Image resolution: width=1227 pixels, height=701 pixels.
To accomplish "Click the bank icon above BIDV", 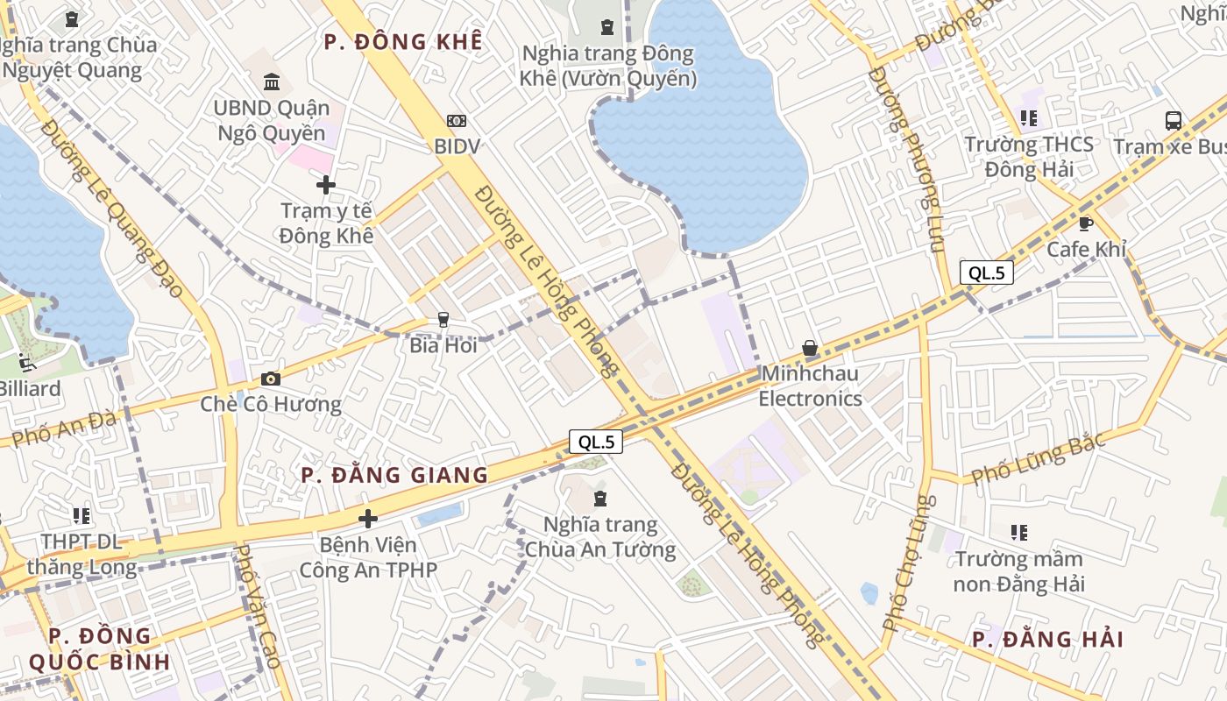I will tap(457, 121).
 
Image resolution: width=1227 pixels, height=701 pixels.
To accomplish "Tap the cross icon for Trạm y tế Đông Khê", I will tap(326, 185).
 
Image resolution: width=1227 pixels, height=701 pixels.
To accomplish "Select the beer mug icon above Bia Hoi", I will tap(443, 320).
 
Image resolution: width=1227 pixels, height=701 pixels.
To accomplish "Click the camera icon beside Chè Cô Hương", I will tap(271, 379).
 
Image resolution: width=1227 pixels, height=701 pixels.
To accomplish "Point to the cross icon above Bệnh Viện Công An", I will tap(368, 519).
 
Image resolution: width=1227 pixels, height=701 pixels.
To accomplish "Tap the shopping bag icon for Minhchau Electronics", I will tap(810, 349).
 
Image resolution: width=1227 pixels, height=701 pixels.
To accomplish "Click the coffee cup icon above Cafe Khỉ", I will tap(1086, 223).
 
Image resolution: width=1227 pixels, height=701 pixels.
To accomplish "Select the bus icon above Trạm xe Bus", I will tap(1174, 121).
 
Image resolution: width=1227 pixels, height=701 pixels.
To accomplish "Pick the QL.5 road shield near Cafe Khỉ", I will tap(987, 273).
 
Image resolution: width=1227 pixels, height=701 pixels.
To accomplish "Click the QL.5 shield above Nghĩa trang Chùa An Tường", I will tap(596, 443).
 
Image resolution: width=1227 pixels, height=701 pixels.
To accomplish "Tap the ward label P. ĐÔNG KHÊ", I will tap(403, 41).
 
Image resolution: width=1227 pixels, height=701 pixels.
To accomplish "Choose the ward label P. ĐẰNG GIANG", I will tap(394, 475).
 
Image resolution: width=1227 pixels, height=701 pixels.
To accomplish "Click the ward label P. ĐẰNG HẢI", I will tap(1047, 639).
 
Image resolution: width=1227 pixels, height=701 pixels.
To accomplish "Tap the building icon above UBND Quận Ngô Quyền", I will tap(273, 83).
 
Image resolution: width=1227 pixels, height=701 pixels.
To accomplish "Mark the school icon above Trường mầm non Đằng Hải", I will tap(1018, 532).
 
